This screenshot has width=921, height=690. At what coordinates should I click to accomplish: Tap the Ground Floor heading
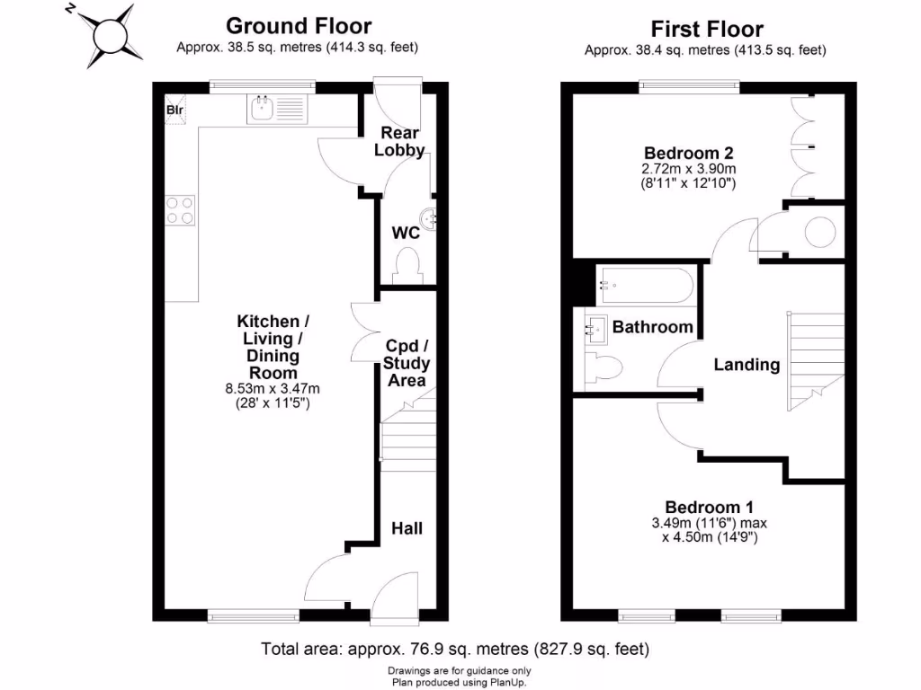click(299, 26)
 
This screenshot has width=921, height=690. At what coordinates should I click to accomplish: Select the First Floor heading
click(707, 29)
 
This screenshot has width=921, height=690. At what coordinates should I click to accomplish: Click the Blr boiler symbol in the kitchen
click(175, 110)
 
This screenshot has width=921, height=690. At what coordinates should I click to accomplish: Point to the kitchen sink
click(262, 109)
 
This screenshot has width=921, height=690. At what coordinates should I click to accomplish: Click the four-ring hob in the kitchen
click(180, 210)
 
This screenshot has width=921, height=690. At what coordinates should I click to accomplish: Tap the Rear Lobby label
click(399, 141)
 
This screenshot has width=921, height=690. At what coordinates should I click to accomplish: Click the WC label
click(406, 233)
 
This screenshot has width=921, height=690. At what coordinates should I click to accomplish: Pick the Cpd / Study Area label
click(407, 363)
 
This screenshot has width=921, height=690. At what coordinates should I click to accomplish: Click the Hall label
click(407, 528)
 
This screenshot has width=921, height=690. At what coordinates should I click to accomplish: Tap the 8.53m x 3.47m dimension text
click(273, 388)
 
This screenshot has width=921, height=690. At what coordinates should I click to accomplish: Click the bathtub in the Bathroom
click(646, 285)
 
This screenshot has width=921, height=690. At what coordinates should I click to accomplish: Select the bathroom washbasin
click(595, 329)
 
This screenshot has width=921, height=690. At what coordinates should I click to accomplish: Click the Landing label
click(747, 365)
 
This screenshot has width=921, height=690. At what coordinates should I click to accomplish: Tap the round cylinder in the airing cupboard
click(820, 233)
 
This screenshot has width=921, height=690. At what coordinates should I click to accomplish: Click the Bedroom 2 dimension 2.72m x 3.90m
click(688, 169)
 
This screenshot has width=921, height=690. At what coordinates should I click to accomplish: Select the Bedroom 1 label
click(709, 507)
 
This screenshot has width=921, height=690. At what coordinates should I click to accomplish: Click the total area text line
click(455, 649)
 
